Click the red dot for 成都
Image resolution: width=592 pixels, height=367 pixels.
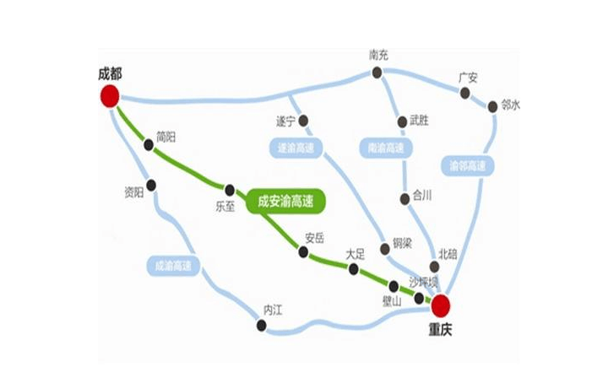click(x=109, y=95)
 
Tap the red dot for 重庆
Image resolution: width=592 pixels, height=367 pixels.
click(x=440, y=305)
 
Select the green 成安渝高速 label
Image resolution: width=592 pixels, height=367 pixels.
click(x=286, y=202)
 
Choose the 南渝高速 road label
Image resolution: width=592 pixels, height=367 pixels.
click(x=387, y=148)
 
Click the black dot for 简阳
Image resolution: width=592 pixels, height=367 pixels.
click(x=149, y=144)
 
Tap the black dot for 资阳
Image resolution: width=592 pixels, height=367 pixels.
click(x=151, y=185)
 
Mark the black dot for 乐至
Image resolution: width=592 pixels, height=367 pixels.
click(x=229, y=189)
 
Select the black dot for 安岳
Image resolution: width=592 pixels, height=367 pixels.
click(x=303, y=251)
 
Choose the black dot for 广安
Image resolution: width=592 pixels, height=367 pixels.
click(x=464, y=91)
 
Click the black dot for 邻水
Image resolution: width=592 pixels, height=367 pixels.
click(x=492, y=106)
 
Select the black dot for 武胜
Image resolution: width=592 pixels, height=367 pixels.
click(x=402, y=121)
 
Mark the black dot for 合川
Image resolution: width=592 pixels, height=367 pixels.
click(x=404, y=199)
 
